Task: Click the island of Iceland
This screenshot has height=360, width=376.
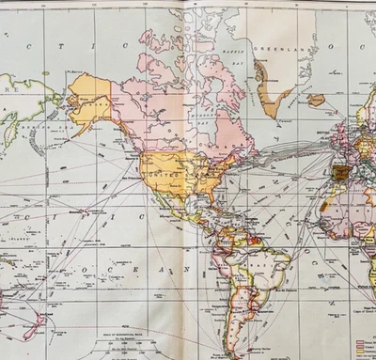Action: point(316,99)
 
